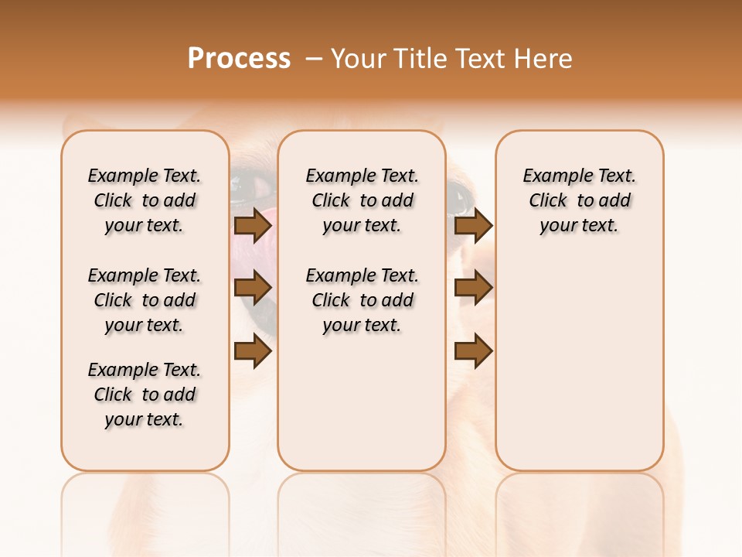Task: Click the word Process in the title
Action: (x=239, y=59)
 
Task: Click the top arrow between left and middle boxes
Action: (x=253, y=226)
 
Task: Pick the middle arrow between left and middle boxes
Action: (x=253, y=289)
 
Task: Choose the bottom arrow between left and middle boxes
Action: (x=253, y=351)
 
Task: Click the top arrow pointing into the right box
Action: (x=473, y=226)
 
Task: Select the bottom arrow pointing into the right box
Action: (x=473, y=351)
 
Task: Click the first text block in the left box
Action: (x=145, y=200)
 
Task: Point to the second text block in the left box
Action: (x=145, y=300)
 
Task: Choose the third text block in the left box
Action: (x=145, y=395)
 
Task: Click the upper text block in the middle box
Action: (x=362, y=200)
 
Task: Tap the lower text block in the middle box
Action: (x=362, y=300)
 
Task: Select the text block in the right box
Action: (x=580, y=200)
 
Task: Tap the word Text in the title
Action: (x=478, y=59)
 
